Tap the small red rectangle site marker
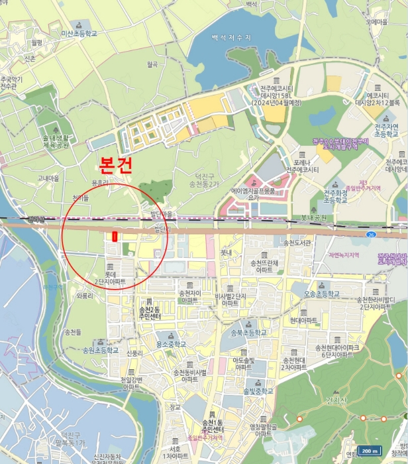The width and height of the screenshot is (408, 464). tap(115, 237)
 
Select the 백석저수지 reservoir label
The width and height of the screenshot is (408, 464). tap(230, 38)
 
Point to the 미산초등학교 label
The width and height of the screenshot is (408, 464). tap(79, 32)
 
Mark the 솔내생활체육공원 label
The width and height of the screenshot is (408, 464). tap(52, 142)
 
